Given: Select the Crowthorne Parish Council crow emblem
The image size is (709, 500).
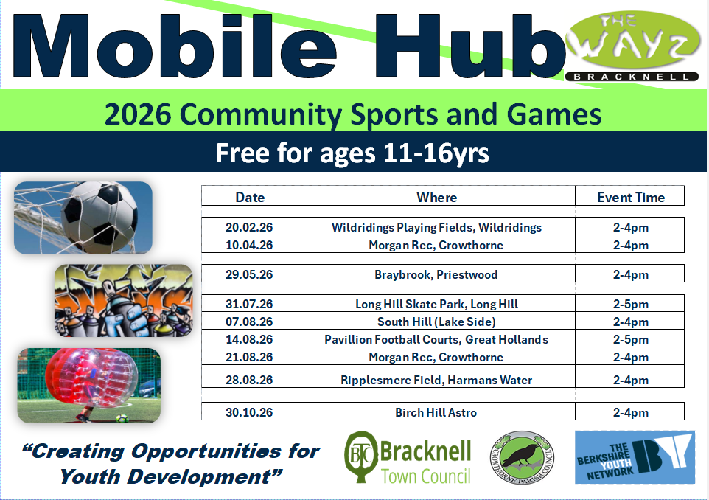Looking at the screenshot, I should tap(521, 457).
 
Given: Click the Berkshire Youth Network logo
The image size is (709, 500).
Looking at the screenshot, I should tap(635, 457).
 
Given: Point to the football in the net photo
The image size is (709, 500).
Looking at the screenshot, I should tap(83, 217).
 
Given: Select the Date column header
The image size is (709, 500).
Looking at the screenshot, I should tap(250, 197).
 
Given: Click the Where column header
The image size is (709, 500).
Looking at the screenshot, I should tap(436, 197).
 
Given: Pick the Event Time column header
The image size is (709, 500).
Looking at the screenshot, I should tap(630, 197).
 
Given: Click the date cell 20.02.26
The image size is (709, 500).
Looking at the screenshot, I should tap(249, 228).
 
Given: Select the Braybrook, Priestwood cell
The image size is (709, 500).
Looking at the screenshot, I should tap(436, 275).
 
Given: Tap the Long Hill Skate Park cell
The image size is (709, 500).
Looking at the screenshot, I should tap(436, 304).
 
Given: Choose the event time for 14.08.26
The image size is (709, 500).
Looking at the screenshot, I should tap(630, 340).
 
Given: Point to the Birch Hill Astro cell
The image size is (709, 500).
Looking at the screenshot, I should tap(436, 413).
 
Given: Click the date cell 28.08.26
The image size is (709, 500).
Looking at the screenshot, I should tap(249, 381).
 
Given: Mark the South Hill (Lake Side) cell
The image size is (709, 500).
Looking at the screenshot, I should tap(436, 322).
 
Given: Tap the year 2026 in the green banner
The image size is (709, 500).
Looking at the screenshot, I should tap(137, 115).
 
